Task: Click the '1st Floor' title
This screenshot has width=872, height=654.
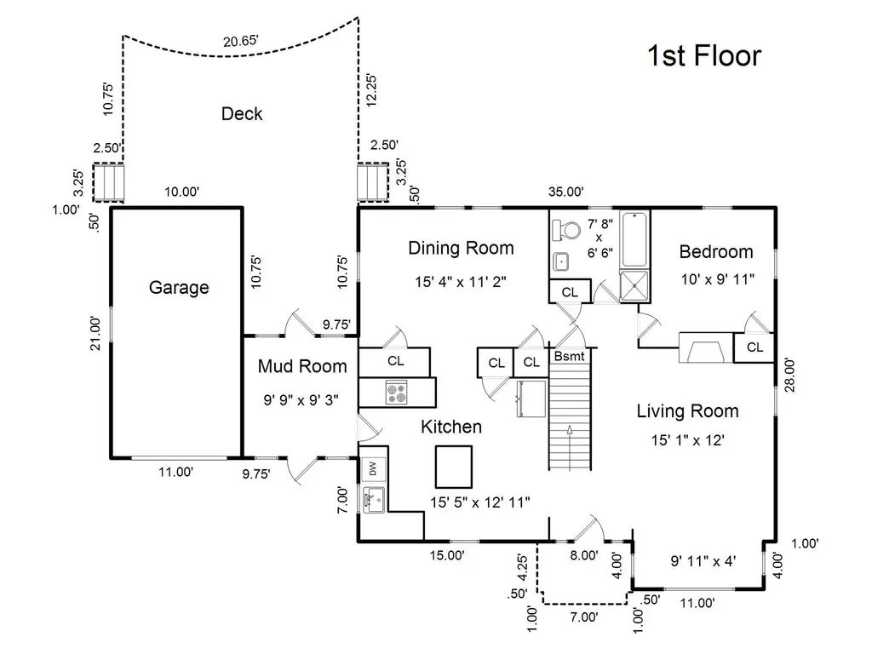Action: [704, 55]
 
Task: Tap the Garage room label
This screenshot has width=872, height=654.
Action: [179, 288]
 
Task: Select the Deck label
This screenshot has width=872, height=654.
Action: [242, 113]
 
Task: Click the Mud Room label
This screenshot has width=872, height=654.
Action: [302, 366]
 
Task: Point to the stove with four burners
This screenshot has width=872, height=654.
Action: [397, 392]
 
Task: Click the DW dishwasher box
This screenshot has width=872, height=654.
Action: [373, 469]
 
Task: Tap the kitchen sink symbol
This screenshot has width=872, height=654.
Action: [374, 499]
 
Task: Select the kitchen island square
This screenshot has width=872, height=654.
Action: [454, 467]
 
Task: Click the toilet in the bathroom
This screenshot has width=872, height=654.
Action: [565, 230]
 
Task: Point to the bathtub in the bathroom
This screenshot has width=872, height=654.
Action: [634, 239]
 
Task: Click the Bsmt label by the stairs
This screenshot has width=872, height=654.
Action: [570, 356]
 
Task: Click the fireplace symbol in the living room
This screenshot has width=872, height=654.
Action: [706, 348]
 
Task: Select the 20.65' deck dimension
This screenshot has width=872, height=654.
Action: [241, 41]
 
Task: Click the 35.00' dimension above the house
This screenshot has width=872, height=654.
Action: [565, 192]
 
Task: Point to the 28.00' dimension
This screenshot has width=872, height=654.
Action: [789, 376]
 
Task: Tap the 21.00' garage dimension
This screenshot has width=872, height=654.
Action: [96, 333]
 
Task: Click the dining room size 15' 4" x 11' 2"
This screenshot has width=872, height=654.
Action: [461, 282]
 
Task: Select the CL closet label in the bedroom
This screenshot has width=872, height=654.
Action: [754, 347]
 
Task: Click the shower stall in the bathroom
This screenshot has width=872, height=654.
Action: [634, 286]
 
